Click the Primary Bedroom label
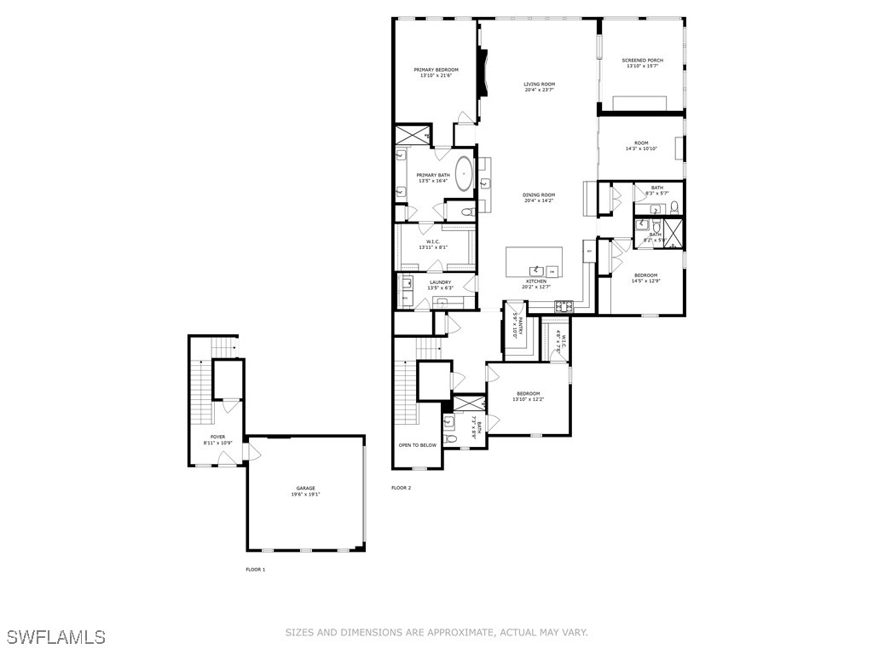pyautogui.click(x=436, y=70)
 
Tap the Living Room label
pyautogui.click(x=539, y=84)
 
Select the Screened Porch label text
pyautogui.click(x=642, y=61)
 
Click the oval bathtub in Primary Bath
pyautogui.click(x=464, y=173)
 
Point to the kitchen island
pyautogui.click(x=535, y=262)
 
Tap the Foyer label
pyautogui.click(x=218, y=437)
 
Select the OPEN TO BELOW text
pyautogui.click(x=417, y=445)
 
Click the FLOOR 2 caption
pyautogui.click(x=401, y=488)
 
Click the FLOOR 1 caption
pyautogui.click(x=255, y=569)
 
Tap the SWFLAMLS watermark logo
pyautogui.click(x=55, y=636)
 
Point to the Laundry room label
pyautogui.click(x=440, y=282)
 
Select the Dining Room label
pyautogui.click(x=539, y=195)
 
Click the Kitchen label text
pyautogui.click(x=535, y=281)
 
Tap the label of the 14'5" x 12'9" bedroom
pyautogui.click(x=645, y=275)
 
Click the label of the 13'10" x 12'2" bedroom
pyautogui.click(x=528, y=393)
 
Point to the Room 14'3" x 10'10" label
pyautogui.click(x=641, y=143)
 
